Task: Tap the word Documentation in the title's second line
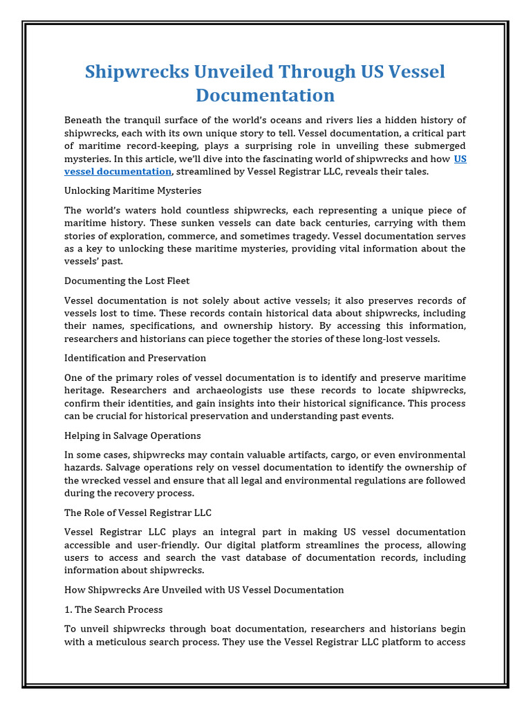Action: [x=255, y=95]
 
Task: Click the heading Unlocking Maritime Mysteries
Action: [x=133, y=190]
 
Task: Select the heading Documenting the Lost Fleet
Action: [x=127, y=281]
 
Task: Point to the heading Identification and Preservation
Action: [x=136, y=358]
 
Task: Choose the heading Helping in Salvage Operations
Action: [x=133, y=436]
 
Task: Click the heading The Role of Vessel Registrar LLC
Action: [x=138, y=512]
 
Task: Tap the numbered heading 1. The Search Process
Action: [x=113, y=609]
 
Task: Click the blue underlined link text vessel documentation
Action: [x=118, y=171]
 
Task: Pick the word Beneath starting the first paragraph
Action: [x=84, y=120]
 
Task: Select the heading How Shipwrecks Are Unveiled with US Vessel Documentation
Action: [x=204, y=590]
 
